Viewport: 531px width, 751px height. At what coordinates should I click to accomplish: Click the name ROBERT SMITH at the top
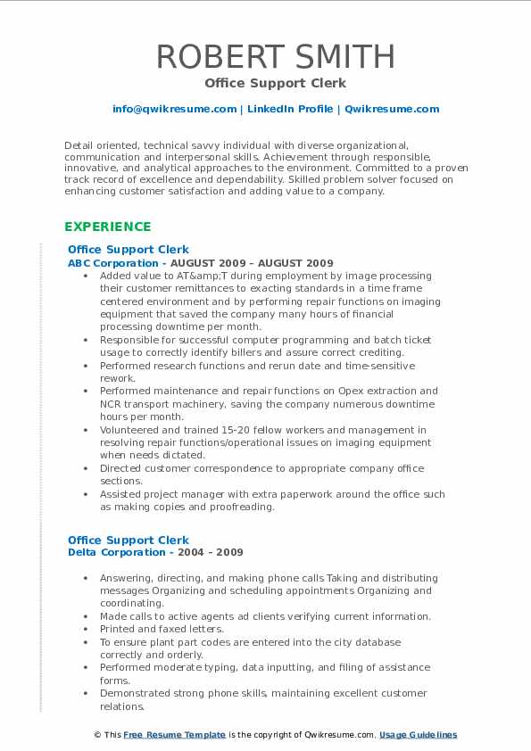click(x=265, y=56)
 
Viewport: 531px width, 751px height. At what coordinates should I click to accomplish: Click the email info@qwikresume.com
click(x=174, y=110)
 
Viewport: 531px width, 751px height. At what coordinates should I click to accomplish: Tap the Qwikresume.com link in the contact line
click(x=392, y=110)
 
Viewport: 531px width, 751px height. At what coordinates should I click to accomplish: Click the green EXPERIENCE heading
click(x=108, y=227)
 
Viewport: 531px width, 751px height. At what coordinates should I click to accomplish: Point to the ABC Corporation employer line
click(x=200, y=263)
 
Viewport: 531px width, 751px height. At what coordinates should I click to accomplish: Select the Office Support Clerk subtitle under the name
click(x=265, y=83)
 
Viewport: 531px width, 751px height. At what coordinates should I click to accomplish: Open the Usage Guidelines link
click(x=418, y=735)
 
